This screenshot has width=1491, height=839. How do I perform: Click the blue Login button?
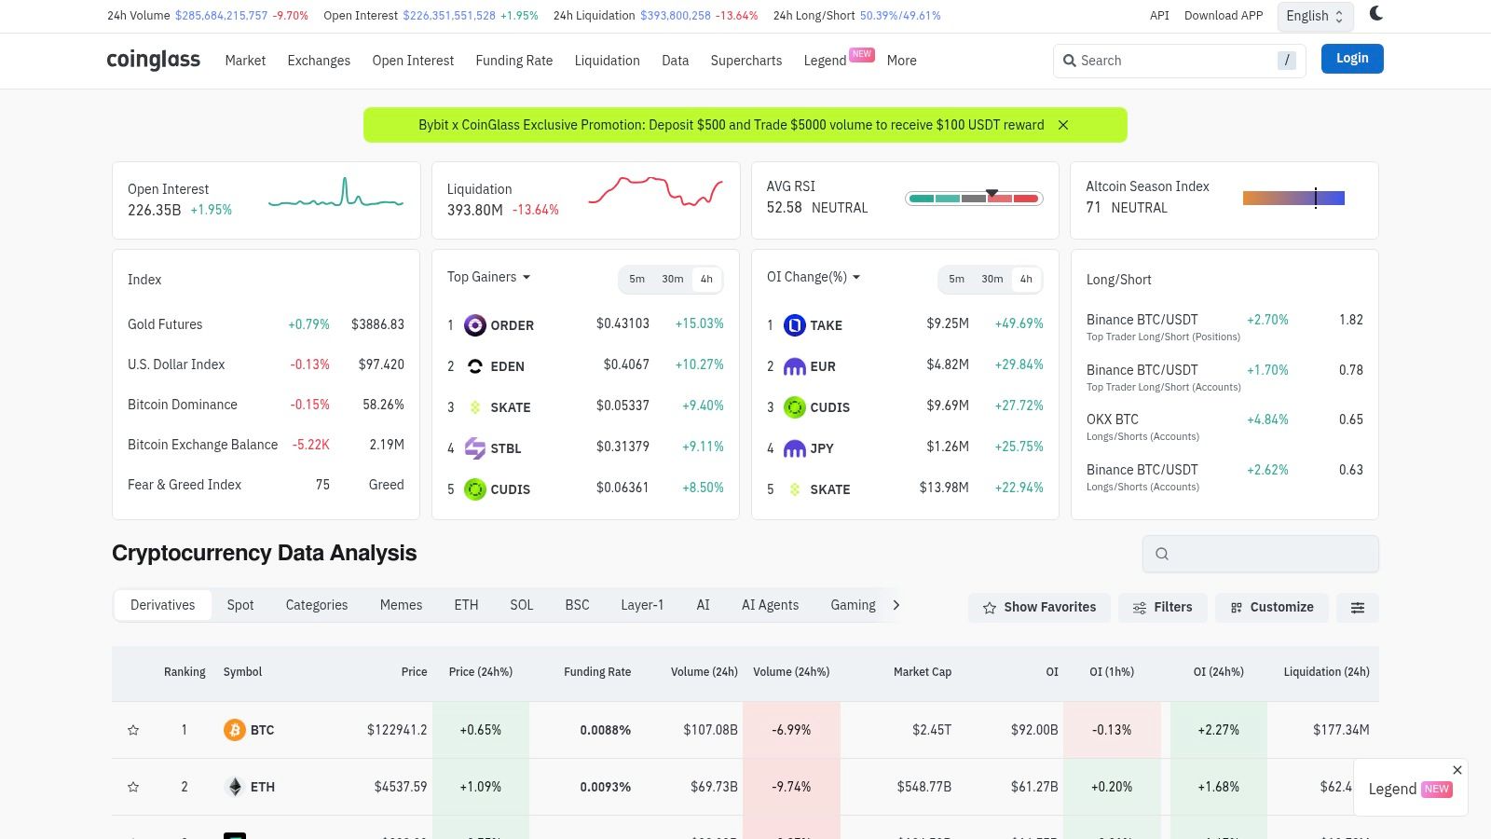coord(1351,59)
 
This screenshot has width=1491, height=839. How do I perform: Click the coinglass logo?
coord(154,60)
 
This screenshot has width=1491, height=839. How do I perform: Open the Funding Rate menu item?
coord(513,61)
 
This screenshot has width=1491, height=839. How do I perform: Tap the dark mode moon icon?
coord(1375,13)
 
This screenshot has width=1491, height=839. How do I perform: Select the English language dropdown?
coord(1315,16)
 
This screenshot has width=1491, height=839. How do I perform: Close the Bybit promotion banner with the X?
coord(1063,125)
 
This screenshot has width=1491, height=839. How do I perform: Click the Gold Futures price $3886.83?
coord(377,324)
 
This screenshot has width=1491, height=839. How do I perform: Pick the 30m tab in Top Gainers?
coord(672,279)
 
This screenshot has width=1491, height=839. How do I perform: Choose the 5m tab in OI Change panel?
coord(956,279)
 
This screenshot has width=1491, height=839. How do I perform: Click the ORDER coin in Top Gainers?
coord(511,325)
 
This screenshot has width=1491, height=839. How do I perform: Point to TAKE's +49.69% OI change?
coord(1019,323)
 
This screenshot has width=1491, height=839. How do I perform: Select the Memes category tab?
coord(401,605)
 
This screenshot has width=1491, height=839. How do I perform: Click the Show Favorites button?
coord(1039,607)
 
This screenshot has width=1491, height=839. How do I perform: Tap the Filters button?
coord(1162,607)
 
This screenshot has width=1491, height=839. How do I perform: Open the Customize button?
coord(1271,607)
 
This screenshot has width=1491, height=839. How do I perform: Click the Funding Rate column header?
coord(597,672)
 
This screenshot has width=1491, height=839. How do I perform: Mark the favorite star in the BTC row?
coord(133,730)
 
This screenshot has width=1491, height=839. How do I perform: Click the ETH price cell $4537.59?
coord(401,787)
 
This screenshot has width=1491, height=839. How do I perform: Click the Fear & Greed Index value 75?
coord(322,485)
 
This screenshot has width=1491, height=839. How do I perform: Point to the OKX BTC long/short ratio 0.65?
coord(1350,419)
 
